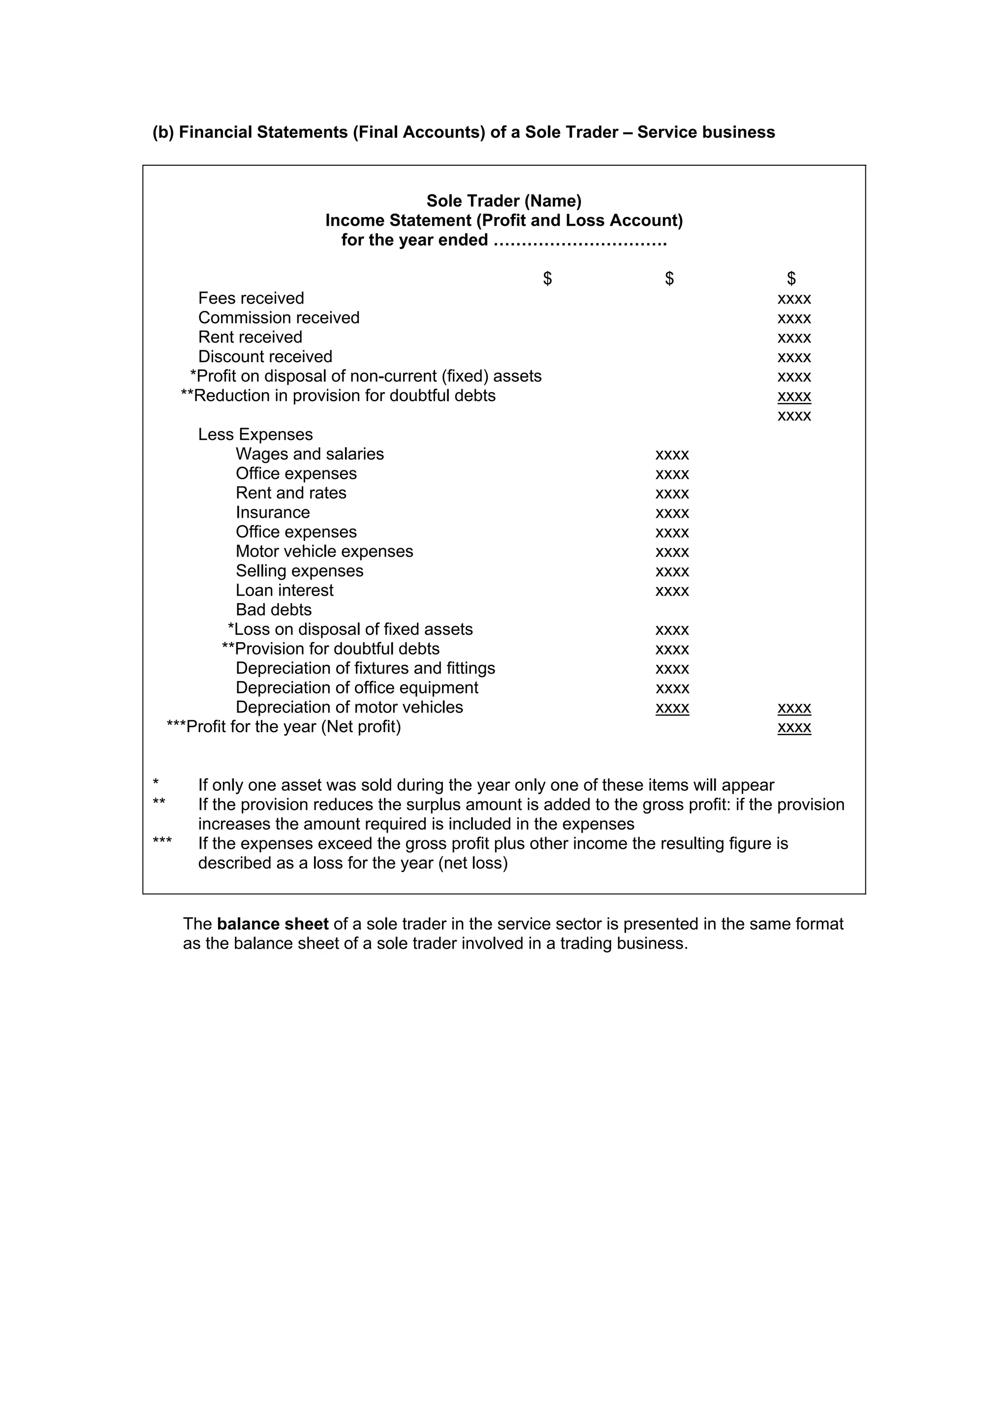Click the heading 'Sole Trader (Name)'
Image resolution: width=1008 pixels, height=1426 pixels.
tap(504, 201)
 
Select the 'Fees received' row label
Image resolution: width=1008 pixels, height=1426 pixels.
tap(251, 298)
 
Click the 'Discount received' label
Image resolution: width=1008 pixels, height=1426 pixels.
tap(265, 356)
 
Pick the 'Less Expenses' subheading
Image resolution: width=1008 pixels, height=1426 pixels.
tap(255, 434)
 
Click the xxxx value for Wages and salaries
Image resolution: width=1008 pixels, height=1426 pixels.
tap(672, 455)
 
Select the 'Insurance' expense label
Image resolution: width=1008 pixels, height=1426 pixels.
tap(273, 512)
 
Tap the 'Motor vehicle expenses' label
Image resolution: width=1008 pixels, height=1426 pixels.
tap(324, 552)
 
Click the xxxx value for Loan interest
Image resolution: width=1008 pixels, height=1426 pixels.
tap(672, 590)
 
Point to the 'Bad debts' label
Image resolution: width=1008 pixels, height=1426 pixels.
tap(273, 610)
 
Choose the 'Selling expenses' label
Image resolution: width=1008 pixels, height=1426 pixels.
tap(299, 571)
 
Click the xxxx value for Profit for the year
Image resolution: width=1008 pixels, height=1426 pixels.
tap(794, 727)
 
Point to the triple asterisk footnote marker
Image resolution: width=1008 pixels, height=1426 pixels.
tap(162, 841)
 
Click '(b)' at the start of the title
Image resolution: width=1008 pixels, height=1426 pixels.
tap(163, 132)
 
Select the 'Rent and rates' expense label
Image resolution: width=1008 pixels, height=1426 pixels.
tap(291, 493)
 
